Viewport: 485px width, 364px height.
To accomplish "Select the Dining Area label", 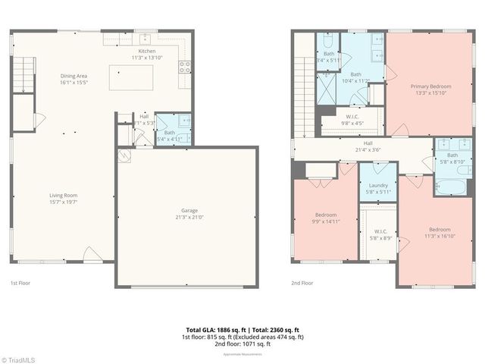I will tap(74, 75).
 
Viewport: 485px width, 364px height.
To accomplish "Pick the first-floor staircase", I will tap(25, 73).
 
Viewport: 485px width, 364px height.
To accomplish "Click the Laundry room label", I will tap(378, 186).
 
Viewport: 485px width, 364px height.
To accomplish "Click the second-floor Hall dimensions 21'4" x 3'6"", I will tap(368, 149).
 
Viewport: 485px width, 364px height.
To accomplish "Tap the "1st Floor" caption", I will tap(19, 282).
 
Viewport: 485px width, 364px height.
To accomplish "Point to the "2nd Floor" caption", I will tap(302, 282).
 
